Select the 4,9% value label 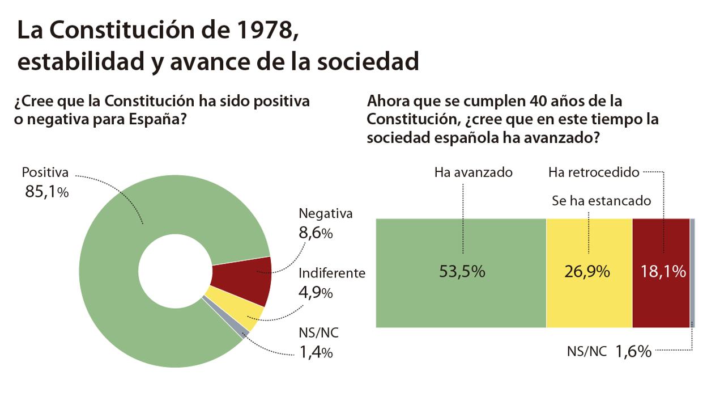[x=316, y=293]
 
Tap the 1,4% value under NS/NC [x=316, y=353]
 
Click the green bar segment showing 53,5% [x=461, y=272]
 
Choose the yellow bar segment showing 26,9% [x=589, y=272]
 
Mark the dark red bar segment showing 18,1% [x=662, y=272]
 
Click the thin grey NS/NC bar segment [x=693, y=272]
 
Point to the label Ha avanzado [x=473, y=172]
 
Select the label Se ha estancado [x=602, y=201]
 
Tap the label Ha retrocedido [x=593, y=172]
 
